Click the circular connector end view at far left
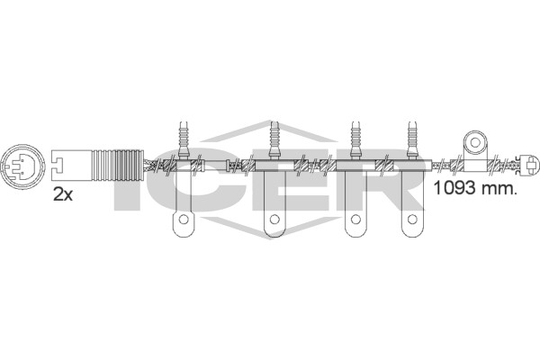23,166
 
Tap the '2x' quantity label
63,195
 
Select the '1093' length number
454,188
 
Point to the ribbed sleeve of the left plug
118,165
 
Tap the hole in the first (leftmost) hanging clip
184,219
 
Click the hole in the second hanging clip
274,219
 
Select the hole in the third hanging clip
355,219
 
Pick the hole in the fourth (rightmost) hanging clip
412,219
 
